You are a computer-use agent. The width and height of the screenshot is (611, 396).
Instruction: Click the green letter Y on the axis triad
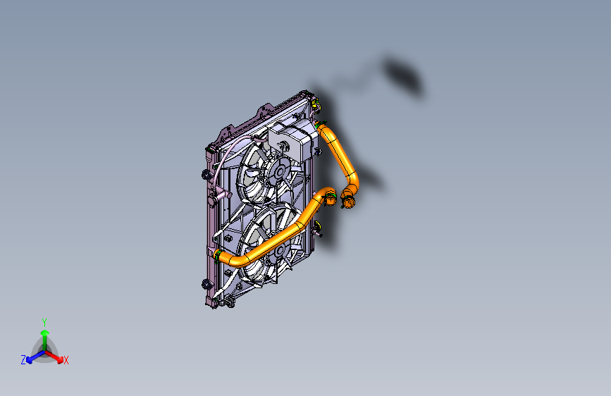(44, 321)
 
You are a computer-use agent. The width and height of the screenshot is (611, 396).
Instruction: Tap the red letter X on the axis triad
(66, 361)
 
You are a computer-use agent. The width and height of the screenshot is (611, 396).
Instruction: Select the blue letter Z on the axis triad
(23, 360)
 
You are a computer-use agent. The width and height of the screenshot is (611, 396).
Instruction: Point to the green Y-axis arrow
(44, 334)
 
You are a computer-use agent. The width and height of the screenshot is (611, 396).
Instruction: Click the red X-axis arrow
(56, 355)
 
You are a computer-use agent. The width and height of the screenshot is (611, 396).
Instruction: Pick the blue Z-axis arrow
(32, 356)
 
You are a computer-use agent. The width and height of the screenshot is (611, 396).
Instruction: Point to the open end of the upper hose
(348, 204)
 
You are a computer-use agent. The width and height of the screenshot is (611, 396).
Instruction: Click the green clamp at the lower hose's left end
(218, 253)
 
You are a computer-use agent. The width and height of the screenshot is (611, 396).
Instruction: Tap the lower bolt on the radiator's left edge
(205, 283)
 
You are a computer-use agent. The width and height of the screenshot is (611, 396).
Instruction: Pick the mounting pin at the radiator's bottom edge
(230, 304)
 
